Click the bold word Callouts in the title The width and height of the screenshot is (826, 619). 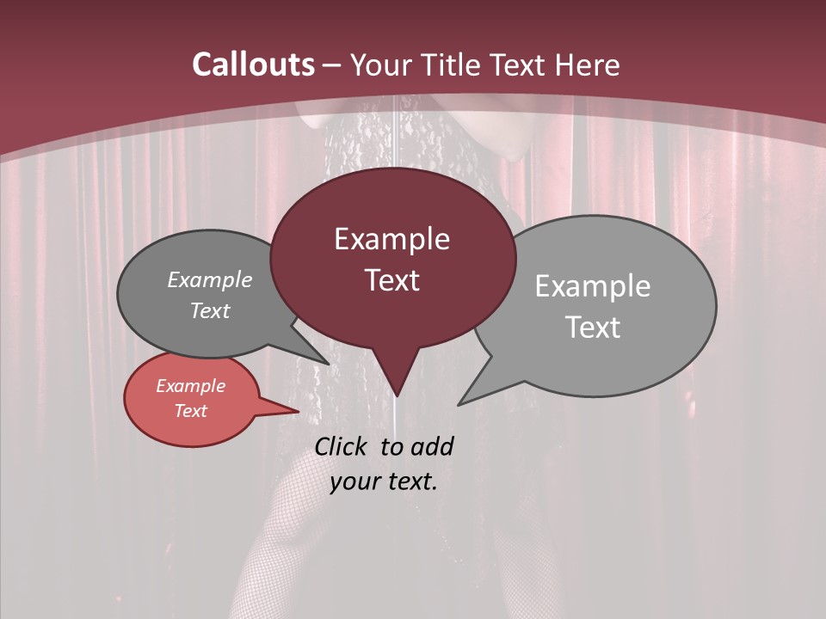click(x=254, y=64)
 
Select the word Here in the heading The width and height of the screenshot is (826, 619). click(x=588, y=64)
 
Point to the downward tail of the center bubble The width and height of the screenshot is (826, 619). click(x=396, y=378)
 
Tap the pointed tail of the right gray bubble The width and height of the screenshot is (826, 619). click(x=471, y=395)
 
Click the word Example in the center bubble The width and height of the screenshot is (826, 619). click(x=391, y=239)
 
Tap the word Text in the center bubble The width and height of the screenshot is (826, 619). click(x=391, y=280)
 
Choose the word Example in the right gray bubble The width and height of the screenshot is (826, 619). click(x=593, y=286)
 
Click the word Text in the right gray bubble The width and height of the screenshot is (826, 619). click(x=593, y=328)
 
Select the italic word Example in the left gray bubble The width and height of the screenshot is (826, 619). click(x=210, y=280)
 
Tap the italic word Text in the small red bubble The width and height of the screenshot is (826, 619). click(x=191, y=411)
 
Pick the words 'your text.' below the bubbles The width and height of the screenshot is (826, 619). click(x=384, y=481)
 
